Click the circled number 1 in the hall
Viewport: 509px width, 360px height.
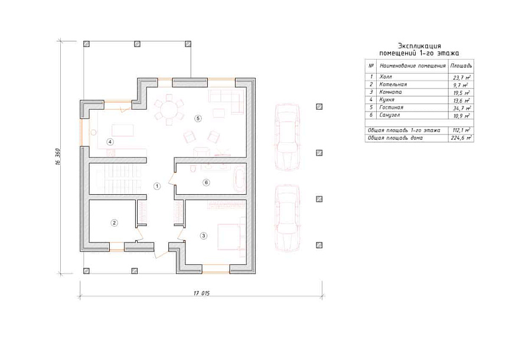coord(157,186)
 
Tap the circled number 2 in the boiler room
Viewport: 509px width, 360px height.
coord(114,223)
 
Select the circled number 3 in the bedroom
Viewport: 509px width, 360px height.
coord(204,236)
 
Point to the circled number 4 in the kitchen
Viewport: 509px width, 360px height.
coord(110,142)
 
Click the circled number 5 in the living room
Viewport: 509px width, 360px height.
coord(198,119)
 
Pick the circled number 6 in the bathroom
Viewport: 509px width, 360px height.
coord(206,182)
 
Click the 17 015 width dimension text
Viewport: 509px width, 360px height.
coord(201,293)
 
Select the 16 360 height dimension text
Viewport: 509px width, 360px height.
coord(58,158)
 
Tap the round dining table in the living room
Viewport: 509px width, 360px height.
coord(169,109)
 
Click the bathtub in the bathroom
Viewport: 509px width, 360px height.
coord(240,178)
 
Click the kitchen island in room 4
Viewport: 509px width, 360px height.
coord(122,130)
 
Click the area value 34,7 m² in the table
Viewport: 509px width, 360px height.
coord(462,107)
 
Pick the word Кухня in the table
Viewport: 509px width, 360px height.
coord(387,100)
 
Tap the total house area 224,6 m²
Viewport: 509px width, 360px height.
coord(461,138)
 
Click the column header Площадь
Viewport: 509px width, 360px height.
coord(461,66)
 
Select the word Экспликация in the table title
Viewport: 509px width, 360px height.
coord(419,46)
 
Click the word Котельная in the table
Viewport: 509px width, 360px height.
coord(393,84)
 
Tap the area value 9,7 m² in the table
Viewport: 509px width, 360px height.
coord(461,85)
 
